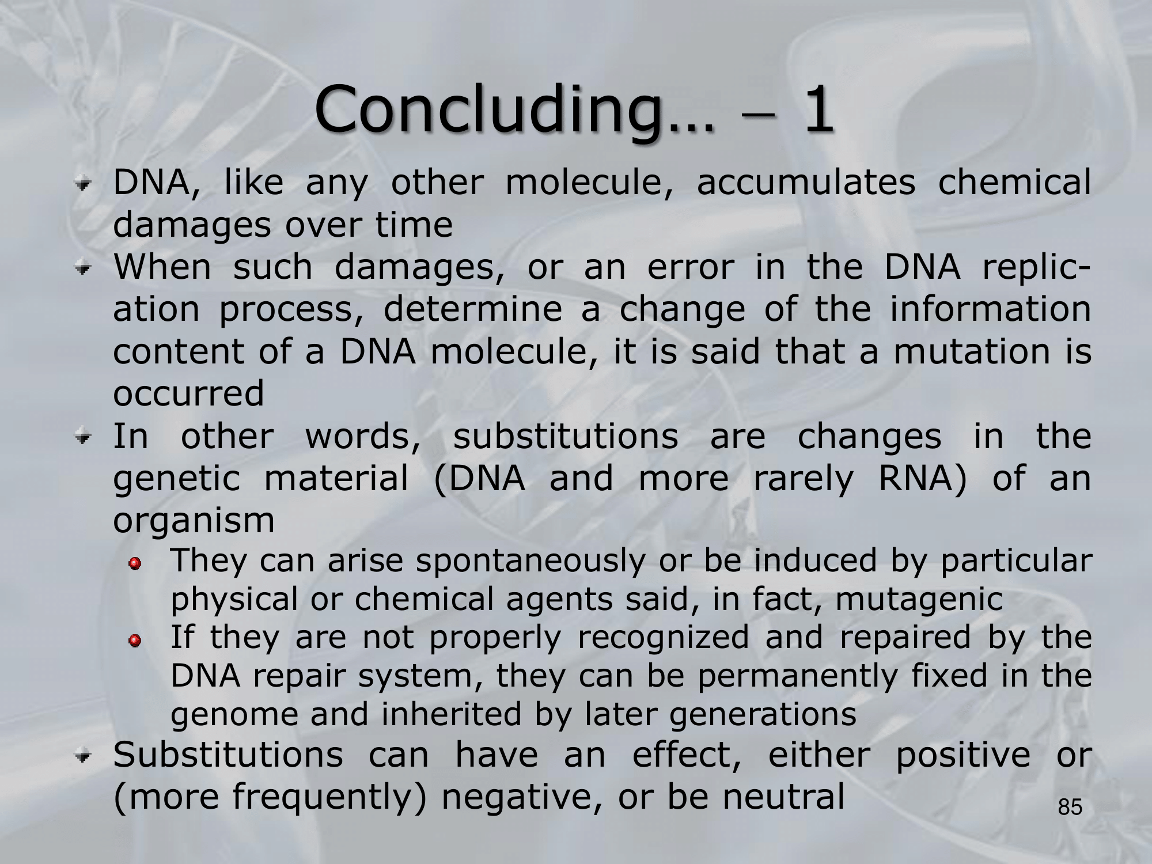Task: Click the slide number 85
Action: click(1070, 807)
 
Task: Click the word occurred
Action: click(188, 394)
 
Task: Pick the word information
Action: click(991, 309)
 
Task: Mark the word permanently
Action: click(798, 677)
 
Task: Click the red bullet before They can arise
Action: click(134, 563)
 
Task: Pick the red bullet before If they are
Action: click(134, 640)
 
